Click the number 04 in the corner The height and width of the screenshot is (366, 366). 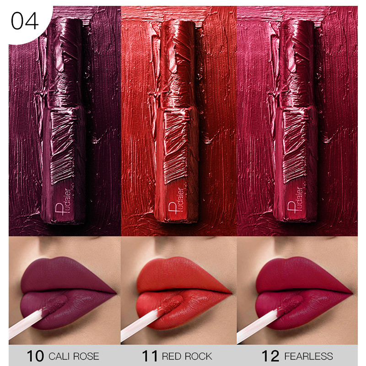[x=25, y=21]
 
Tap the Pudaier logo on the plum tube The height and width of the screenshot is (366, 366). [x=63, y=201]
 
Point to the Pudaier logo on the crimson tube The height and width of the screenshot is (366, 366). [x=295, y=200]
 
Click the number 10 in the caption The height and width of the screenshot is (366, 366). [x=35, y=356]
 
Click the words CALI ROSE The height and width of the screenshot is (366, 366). [x=74, y=356]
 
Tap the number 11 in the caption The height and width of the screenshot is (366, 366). [x=150, y=356]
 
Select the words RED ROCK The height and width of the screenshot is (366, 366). [x=187, y=356]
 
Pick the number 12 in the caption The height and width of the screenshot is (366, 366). [x=270, y=356]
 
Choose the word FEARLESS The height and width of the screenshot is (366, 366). [x=308, y=356]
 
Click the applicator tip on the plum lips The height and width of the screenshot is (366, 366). [x=56, y=304]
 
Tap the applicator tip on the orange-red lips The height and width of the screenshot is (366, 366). [x=170, y=304]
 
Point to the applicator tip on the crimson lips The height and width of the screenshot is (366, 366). [x=291, y=304]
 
